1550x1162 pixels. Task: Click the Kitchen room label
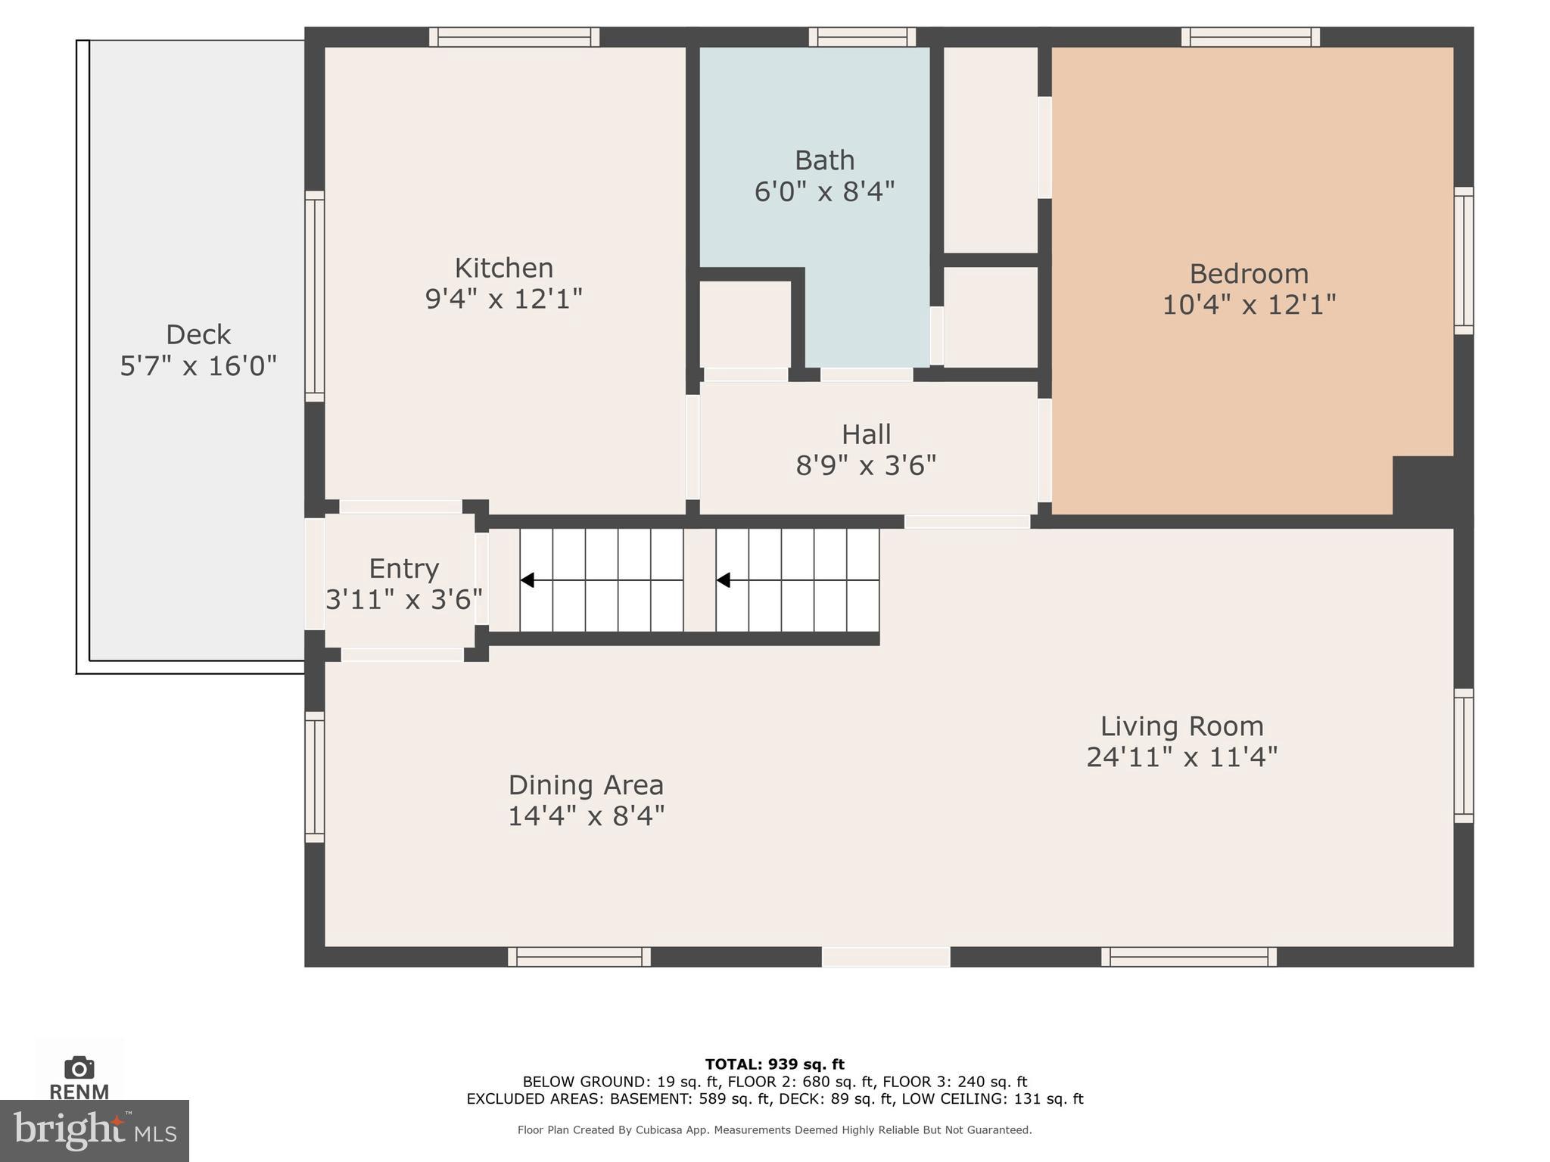[503, 268]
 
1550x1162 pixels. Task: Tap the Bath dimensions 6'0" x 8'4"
[824, 191]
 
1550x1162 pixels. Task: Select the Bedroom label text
[1249, 273]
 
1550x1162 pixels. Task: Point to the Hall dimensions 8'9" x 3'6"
[866, 465]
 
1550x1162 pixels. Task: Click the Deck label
[198, 334]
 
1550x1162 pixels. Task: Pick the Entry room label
[403, 568]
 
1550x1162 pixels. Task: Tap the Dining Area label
[586, 785]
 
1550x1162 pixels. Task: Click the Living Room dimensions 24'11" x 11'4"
[1181, 757]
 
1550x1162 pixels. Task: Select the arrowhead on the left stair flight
[528, 580]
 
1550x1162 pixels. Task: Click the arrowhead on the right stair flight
[724, 580]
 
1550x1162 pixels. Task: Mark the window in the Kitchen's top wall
[515, 37]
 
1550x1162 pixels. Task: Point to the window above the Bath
[862, 37]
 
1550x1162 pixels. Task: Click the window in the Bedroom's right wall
[1464, 261]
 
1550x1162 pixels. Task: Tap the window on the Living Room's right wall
[1464, 756]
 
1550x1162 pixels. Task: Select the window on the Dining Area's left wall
[315, 777]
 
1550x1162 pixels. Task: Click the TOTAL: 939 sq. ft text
[774, 1064]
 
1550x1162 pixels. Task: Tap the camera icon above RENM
[79, 1067]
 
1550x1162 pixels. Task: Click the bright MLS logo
[95, 1130]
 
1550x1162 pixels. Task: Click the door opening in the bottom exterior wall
[885, 957]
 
